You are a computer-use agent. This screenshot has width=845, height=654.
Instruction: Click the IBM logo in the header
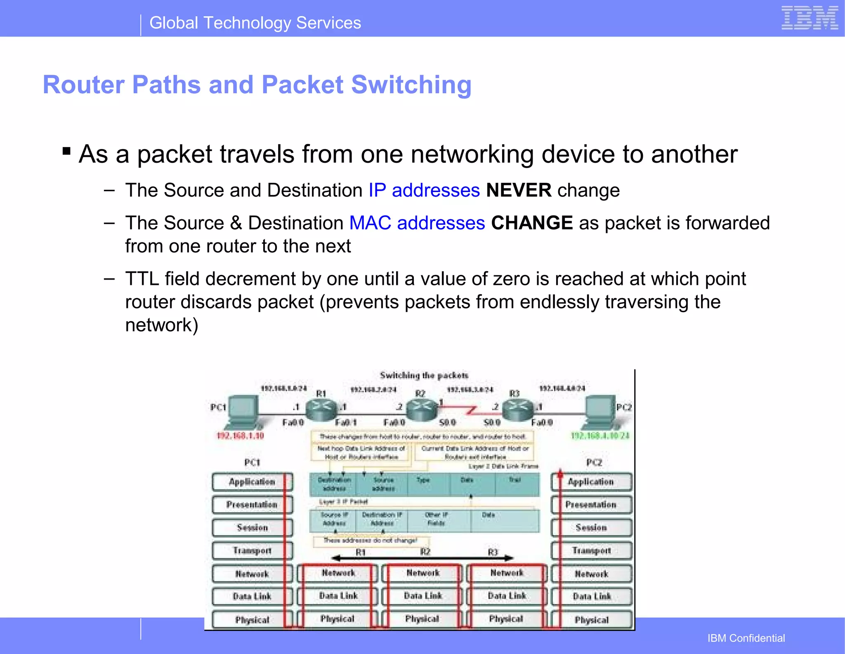809,19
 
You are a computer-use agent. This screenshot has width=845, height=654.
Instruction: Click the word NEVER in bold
519,190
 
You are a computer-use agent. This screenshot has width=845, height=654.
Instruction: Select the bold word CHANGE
531,223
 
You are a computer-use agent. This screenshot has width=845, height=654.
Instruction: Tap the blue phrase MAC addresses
417,223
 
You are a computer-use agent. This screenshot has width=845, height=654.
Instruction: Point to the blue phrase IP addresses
424,190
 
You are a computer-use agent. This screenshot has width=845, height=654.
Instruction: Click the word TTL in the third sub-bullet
142,279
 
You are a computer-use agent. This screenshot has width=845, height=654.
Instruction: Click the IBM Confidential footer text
746,638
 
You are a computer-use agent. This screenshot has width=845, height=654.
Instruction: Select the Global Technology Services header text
255,23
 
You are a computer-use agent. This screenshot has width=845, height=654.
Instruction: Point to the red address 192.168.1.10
240,436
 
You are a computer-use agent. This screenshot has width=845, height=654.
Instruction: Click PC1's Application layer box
252,482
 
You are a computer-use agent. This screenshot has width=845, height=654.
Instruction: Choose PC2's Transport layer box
591,550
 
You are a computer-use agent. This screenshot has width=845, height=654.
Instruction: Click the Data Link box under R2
422,596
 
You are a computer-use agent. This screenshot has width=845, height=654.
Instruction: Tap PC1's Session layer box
252,528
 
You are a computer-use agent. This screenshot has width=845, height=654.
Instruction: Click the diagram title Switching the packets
424,375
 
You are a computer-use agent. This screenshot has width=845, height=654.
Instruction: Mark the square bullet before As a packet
66,151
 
